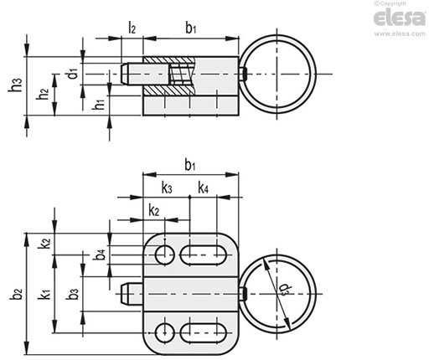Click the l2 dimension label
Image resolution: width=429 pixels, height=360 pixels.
[132, 28]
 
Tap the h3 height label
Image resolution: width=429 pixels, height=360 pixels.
[15, 85]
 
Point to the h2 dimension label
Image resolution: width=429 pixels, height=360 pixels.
[43, 94]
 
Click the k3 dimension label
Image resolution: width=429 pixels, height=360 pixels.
[167, 188]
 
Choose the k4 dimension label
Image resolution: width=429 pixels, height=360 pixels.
[203, 188]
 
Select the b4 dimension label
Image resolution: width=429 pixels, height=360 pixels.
[100, 255]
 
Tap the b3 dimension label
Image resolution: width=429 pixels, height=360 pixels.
[73, 293]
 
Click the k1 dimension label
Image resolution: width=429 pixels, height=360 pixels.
[44, 294]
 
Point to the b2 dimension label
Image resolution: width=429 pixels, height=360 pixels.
[16, 294]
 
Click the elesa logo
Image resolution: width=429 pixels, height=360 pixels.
[400, 18]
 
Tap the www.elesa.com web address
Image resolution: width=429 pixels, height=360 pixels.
[400, 33]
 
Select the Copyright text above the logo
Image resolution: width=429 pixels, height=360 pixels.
[390, 3]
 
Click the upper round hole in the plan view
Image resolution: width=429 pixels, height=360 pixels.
[165, 255]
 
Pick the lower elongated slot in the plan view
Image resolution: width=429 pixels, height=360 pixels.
[203, 333]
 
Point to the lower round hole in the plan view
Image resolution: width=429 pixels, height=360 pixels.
[165, 333]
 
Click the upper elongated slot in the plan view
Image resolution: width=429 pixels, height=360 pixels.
[203, 255]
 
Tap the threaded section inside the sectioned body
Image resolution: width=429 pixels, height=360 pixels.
[181, 74]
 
